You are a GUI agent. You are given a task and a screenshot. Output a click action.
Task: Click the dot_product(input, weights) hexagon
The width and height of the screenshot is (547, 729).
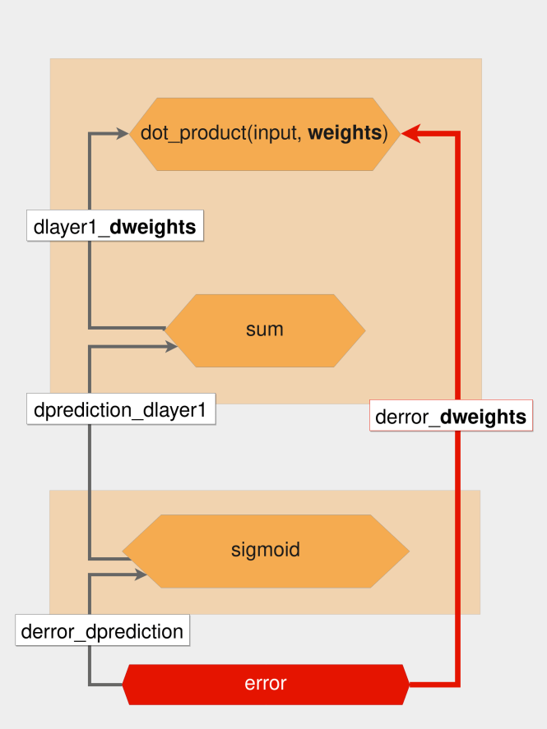[x=265, y=134]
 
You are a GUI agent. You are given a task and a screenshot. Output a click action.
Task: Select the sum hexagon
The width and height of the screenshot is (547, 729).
[x=265, y=330]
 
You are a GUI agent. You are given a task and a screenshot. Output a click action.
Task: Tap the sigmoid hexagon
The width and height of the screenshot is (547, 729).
[x=266, y=551]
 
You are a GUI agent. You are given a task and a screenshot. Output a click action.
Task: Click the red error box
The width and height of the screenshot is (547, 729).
[x=266, y=685]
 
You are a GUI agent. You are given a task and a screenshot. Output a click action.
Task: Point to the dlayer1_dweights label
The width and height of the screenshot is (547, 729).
[x=115, y=226]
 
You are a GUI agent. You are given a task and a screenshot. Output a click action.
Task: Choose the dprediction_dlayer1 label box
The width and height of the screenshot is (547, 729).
[x=121, y=409]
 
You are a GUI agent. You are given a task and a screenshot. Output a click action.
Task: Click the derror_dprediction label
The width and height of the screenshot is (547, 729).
[x=102, y=630]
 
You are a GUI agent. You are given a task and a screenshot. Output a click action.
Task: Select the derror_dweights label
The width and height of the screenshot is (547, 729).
[x=451, y=416]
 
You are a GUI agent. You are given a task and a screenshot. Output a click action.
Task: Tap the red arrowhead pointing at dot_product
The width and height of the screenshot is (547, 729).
[x=410, y=133]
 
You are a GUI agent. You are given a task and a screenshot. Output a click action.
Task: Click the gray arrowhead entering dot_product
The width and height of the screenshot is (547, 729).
[x=123, y=134]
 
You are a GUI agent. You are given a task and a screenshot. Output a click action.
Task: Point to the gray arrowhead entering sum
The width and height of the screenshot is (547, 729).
[x=171, y=346]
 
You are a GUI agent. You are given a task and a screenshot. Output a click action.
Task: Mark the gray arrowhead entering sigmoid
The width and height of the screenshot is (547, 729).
[x=141, y=574]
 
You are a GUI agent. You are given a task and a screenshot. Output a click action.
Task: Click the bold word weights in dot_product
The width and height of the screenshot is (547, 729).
[x=345, y=133]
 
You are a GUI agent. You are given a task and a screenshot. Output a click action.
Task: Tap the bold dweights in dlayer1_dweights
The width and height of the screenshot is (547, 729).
[x=152, y=227]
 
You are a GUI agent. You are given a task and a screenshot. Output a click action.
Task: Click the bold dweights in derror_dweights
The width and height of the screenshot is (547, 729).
[x=483, y=417]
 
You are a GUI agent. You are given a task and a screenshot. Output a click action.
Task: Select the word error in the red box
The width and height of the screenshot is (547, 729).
[x=266, y=684]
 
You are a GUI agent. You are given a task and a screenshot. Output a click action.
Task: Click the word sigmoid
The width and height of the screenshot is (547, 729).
[x=266, y=550]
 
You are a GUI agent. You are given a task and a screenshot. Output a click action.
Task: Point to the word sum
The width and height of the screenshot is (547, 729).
[x=265, y=330]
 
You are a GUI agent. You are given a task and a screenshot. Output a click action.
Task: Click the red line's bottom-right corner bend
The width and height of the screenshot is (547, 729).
[x=457, y=685]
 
